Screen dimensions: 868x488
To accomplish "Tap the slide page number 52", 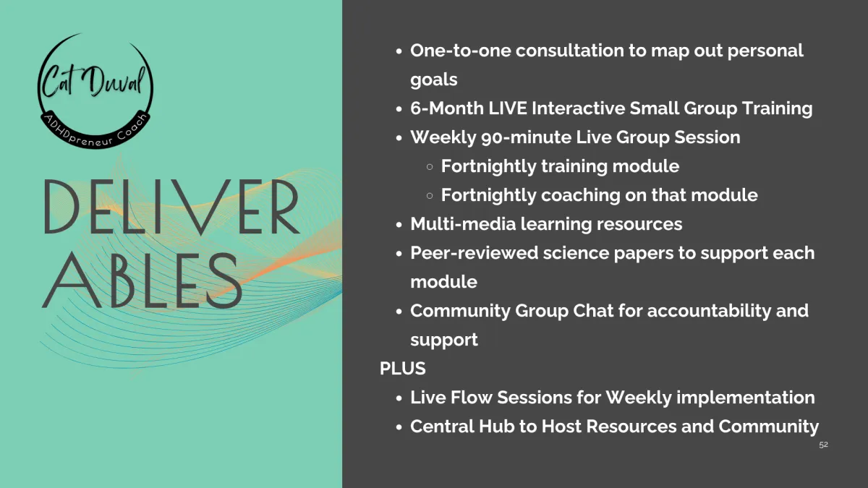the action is [x=823, y=445].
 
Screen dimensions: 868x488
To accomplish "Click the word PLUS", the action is [x=403, y=368].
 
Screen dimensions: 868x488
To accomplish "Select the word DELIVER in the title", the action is [x=171, y=207].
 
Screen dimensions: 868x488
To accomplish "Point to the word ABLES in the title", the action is [x=142, y=281].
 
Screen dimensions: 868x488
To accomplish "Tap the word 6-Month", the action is [x=447, y=108].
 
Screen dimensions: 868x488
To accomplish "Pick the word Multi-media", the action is [x=463, y=224].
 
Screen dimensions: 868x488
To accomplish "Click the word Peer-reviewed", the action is [x=474, y=253].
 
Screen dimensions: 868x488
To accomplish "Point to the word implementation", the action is [x=745, y=398].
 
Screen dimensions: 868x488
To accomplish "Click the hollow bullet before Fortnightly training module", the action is [x=430, y=167].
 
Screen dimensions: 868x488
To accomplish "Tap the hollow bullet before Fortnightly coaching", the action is [x=430, y=196].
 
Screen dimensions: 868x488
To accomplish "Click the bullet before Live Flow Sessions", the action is [x=399, y=398].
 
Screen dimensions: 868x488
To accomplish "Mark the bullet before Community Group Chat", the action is [x=399, y=312].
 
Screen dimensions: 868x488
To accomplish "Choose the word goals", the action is [x=434, y=80].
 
